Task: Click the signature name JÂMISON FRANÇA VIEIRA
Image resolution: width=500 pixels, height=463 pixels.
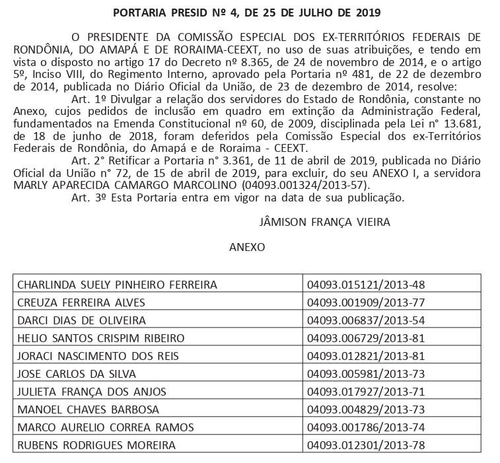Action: coord(326,222)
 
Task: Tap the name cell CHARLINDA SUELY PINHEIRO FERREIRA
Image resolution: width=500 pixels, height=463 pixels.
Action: coord(118,285)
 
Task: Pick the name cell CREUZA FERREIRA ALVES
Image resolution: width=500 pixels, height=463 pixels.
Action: coord(81,303)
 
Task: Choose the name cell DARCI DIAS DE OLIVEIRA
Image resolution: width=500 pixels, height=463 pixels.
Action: coord(81,320)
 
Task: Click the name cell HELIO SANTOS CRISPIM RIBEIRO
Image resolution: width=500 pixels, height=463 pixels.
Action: coord(100,338)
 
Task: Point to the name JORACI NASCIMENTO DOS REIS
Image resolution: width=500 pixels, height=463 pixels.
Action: coord(97,356)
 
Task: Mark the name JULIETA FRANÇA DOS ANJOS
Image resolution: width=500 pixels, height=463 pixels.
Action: coord(92,392)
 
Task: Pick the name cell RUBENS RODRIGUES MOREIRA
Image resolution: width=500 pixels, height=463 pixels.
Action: coord(96,445)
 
